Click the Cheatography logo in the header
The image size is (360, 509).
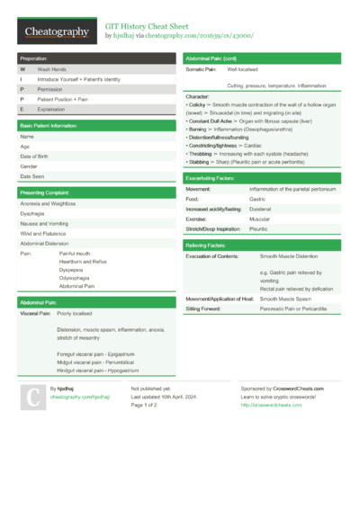pos(56,32)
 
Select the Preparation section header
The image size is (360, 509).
pos(36,58)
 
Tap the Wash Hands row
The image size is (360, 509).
pos(51,68)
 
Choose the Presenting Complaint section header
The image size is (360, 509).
pos(45,192)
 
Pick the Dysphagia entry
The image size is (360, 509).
pos(32,214)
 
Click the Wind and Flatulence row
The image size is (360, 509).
pos(43,234)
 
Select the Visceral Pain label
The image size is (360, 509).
pos(35,314)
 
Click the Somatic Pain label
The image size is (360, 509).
pos(202,68)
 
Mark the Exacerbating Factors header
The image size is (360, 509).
pos(211,179)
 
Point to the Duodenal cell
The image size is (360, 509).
pos(261,209)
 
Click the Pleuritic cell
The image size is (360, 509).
pos(259,228)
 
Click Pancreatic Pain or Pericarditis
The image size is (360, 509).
pos(293,308)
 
